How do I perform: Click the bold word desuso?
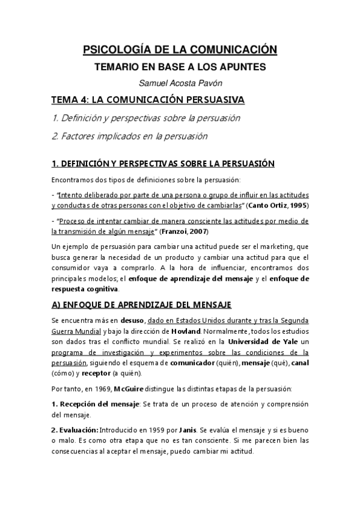133,321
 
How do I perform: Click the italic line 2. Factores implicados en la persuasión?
130,137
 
